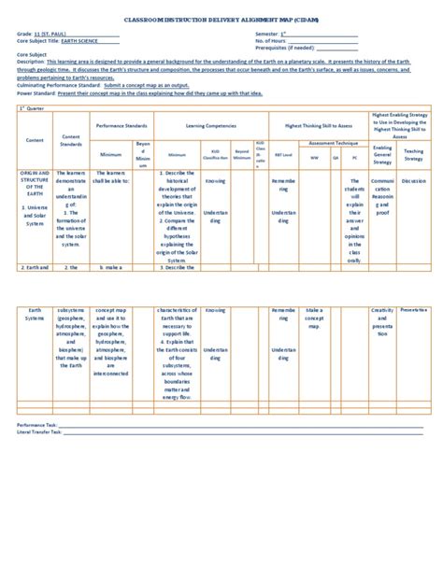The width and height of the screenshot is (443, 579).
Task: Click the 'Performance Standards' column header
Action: click(121, 124)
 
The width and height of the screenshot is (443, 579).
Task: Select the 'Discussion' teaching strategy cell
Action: click(413, 181)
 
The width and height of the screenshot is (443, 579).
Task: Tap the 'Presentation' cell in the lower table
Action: click(413, 309)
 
